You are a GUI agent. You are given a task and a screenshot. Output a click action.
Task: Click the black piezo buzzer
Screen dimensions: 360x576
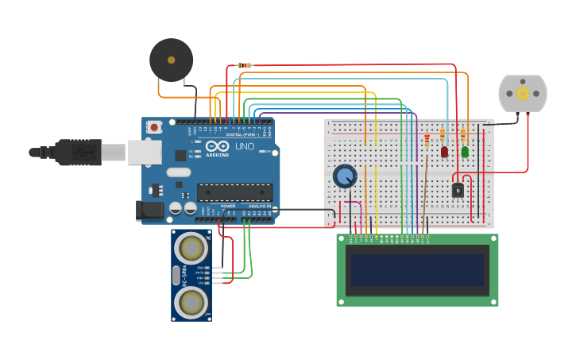pyautogui.click(x=171, y=60)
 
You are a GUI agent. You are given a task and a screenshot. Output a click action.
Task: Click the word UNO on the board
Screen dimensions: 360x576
pyautogui.click(x=244, y=147)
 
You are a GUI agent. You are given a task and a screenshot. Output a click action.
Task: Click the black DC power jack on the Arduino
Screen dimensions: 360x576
pyautogui.click(x=150, y=211)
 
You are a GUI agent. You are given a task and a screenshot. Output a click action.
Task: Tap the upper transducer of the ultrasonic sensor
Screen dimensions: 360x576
pyautogui.click(x=192, y=249)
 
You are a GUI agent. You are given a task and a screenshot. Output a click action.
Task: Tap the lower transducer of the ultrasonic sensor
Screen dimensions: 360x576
pyautogui.click(x=192, y=301)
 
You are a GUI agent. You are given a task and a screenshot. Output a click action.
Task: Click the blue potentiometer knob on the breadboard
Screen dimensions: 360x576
pyautogui.click(x=345, y=176)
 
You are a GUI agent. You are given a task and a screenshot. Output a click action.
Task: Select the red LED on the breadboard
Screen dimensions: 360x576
pyautogui.click(x=444, y=152)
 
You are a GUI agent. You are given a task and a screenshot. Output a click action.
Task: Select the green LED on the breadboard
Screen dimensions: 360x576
pyautogui.click(x=465, y=152)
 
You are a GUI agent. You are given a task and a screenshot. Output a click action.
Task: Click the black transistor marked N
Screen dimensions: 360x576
pyautogui.click(x=458, y=190)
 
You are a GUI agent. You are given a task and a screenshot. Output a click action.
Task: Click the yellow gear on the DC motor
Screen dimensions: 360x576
pyautogui.click(x=523, y=93)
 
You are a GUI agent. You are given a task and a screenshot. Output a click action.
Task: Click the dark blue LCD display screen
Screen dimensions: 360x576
pyautogui.click(x=416, y=270)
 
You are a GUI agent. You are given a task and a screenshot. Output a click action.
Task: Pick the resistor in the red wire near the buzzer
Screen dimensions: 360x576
pyautogui.click(x=245, y=65)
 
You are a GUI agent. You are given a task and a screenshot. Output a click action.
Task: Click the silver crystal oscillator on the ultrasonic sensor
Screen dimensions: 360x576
pyautogui.click(x=176, y=275)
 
